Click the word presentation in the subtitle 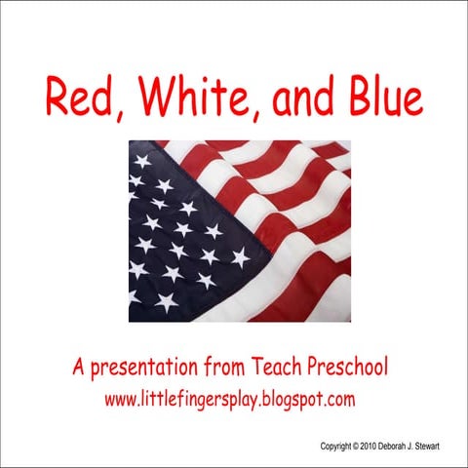(143, 369)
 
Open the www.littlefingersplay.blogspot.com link (229, 399)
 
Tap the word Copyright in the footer (336, 447)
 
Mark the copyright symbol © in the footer (357, 447)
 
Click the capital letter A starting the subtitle (78, 368)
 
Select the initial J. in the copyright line (409, 447)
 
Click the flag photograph (239, 231)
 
